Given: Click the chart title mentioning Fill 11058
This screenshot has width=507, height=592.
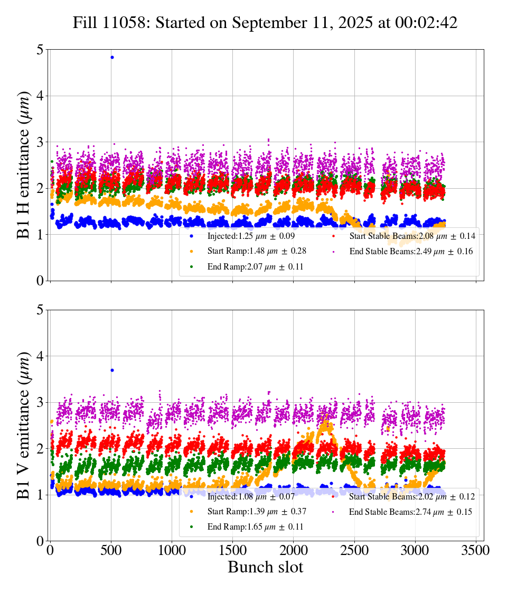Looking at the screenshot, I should pos(265,23).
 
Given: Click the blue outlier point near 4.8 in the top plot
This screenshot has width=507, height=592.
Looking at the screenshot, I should pos(112,57).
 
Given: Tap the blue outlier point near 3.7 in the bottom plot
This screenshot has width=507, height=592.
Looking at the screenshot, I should pos(112,370).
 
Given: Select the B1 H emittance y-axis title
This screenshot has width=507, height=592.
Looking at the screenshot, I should pos(24,165).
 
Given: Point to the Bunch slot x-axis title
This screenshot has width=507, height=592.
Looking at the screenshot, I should pos(265,567).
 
